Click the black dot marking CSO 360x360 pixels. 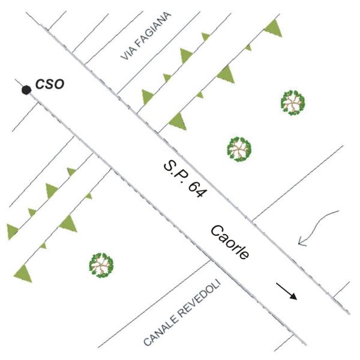pos(26,90)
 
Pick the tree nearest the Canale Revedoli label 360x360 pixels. pos(101,265)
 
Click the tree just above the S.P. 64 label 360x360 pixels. pos(239,148)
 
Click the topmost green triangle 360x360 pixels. pos(274,27)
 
